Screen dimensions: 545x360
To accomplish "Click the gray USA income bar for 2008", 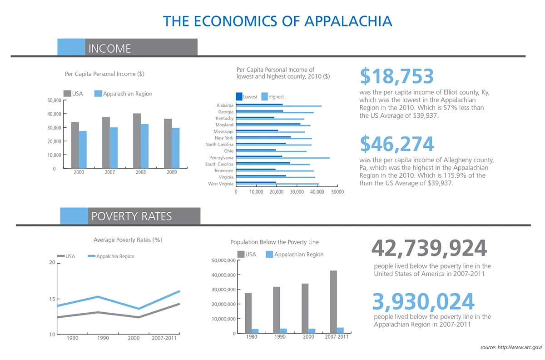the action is tap(137, 141).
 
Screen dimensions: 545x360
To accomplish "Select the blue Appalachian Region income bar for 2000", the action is tap(83, 150).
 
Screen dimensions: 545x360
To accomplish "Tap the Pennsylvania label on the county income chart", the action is tap(221, 158).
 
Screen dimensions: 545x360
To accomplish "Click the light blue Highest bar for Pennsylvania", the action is tap(283, 158).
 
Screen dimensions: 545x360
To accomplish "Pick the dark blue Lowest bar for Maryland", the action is tap(268, 124).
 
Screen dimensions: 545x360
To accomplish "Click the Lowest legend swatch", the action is tap(239, 96).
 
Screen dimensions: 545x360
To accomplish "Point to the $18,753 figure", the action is tap(397, 76).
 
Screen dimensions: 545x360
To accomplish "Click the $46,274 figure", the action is tap(397, 144).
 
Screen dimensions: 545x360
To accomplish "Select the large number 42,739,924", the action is tap(429, 248).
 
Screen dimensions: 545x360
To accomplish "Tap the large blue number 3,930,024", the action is tap(423, 301).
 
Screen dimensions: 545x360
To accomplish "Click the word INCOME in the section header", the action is tap(110, 49).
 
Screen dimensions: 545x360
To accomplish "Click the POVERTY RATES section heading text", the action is tap(132, 216).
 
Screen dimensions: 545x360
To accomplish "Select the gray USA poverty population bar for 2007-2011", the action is tap(333, 302).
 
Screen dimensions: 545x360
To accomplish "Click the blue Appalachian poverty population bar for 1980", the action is tap(255, 331).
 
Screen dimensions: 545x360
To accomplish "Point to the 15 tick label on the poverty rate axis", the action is tap(52, 299).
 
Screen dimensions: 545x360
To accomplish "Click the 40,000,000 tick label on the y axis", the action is tap(223, 275).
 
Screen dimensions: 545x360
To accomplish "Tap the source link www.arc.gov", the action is tap(520, 347).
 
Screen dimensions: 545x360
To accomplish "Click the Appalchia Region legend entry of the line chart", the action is tap(111, 256).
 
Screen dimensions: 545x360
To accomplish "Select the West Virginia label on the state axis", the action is tap(220, 184).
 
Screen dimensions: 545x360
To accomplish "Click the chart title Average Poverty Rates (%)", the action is tap(128, 240).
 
